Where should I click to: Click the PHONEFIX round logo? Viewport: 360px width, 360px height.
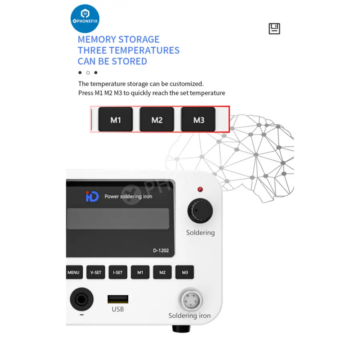85,18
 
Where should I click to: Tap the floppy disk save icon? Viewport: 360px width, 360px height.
274,29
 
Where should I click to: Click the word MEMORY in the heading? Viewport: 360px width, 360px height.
98,40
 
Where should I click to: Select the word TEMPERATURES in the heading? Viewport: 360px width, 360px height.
144,50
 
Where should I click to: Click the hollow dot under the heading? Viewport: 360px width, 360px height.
88,73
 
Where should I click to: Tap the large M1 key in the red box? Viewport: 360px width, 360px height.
116,119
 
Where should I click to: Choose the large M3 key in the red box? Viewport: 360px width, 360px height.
198,119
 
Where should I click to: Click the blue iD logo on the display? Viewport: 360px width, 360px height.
92,197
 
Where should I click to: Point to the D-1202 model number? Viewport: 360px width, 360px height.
161,251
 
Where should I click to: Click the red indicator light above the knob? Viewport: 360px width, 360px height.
200,189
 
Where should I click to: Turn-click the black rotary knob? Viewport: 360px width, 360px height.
200,211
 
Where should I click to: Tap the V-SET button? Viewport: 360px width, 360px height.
96,272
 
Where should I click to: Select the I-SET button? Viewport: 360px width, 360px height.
118,272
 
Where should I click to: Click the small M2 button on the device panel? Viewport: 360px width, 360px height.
162,272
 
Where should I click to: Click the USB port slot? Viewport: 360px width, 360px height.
118,299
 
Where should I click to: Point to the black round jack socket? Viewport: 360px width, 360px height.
81,299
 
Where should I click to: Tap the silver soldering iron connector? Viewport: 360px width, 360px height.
190,300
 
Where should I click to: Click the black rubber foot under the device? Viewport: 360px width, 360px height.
181,329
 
